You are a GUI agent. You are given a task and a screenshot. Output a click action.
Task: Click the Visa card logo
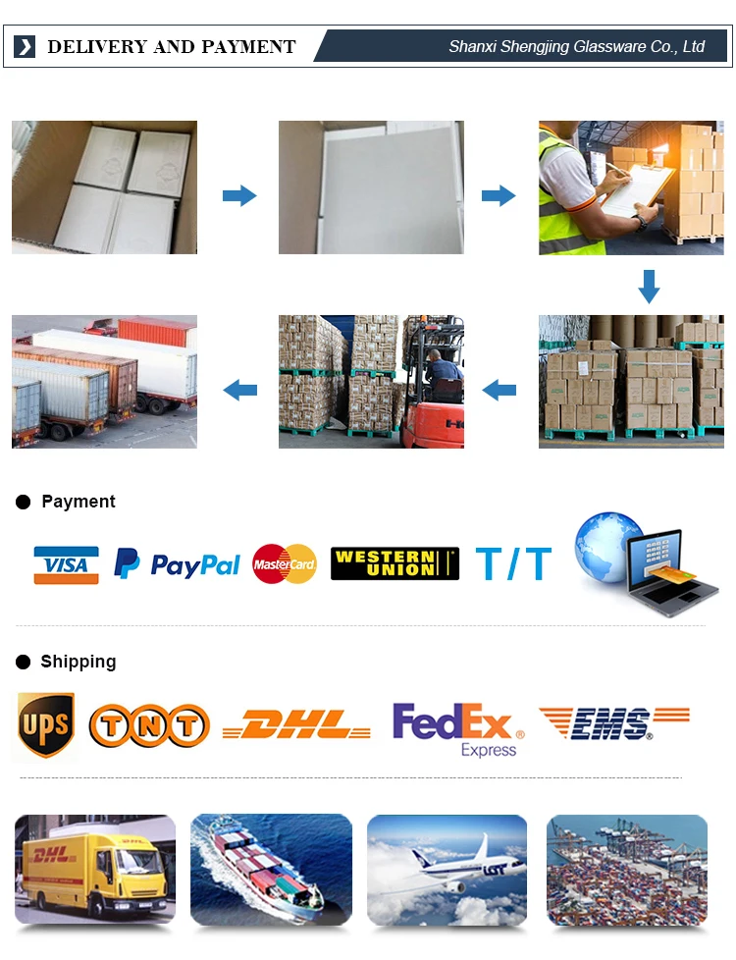(x=66, y=564)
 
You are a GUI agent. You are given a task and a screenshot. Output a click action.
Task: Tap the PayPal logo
(x=177, y=564)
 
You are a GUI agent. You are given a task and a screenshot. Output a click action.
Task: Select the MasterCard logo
(x=285, y=564)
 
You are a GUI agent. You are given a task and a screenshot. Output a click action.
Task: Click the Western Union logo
(x=394, y=563)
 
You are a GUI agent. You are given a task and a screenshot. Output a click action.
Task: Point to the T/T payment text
(x=513, y=564)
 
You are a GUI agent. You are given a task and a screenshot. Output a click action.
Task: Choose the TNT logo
(x=149, y=726)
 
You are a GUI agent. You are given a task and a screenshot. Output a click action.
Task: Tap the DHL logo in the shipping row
(x=296, y=725)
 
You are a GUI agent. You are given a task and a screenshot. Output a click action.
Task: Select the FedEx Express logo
(x=458, y=728)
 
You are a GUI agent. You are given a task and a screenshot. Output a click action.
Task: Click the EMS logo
(x=613, y=724)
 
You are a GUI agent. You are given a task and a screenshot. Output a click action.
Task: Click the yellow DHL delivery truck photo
(x=95, y=869)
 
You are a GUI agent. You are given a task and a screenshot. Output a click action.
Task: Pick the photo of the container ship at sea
(x=271, y=869)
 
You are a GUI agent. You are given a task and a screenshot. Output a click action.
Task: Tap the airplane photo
(x=447, y=869)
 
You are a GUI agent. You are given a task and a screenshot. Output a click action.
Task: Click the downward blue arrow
(x=649, y=286)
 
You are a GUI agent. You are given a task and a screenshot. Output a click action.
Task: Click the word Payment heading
(x=79, y=502)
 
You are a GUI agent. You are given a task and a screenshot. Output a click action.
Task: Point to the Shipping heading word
(x=79, y=662)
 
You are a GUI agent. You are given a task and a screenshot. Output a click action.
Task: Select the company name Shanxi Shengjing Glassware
(x=576, y=47)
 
